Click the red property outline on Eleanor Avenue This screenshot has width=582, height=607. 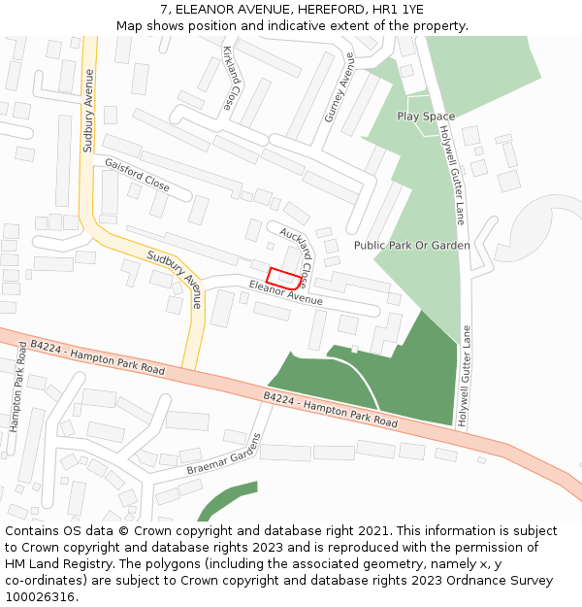pyautogui.click(x=282, y=277)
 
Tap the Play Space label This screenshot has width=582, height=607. pyautogui.click(x=426, y=117)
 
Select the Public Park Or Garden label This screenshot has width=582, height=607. pyautogui.click(x=411, y=246)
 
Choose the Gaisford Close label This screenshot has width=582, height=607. pyautogui.click(x=137, y=174)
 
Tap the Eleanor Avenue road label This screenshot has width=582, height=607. pyautogui.click(x=285, y=293)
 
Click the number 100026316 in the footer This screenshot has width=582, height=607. pyautogui.click(x=40, y=596)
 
